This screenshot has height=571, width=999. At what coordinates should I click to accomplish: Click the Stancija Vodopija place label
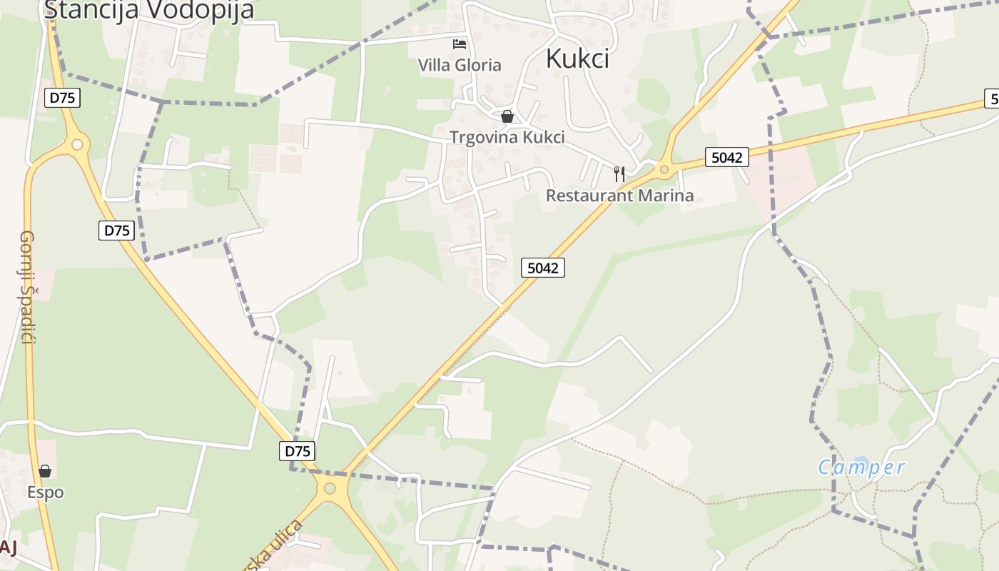[148, 10]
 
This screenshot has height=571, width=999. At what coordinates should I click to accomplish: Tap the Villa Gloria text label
[460, 65]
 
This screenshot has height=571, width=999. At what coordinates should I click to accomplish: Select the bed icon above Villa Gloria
[460, 44]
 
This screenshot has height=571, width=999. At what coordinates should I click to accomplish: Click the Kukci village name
[577, 59]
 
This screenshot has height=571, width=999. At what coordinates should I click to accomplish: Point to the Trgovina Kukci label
[507, 137]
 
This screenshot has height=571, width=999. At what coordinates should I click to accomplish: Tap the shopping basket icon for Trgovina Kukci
[507, 116]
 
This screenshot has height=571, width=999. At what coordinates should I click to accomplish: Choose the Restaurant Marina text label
[619, 195]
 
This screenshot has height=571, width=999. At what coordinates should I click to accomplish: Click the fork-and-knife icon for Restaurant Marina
[619, 173]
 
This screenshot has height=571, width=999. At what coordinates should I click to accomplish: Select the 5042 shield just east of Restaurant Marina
[726, 158]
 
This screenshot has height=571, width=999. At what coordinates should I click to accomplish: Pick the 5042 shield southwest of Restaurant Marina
[542, 268]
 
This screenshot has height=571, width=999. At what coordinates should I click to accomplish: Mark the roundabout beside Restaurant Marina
[664, 170]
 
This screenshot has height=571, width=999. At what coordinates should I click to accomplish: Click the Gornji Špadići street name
[27, 286]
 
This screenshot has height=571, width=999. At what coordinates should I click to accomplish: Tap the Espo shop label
[45, 492]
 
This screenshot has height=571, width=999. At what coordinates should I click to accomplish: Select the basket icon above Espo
[45, 471]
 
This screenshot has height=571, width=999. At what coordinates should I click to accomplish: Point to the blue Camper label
[861, 468]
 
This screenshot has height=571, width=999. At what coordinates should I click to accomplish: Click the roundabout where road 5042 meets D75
[330, 489]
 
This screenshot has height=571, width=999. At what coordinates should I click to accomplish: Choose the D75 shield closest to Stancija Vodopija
[62, 98]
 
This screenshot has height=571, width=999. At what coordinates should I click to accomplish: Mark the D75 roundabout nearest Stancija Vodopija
[77, 145]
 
